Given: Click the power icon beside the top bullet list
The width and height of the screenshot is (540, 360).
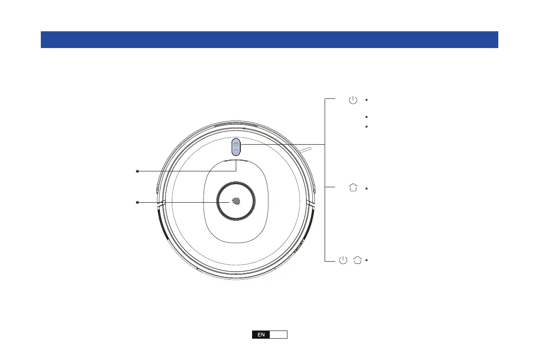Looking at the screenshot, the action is (353, 100).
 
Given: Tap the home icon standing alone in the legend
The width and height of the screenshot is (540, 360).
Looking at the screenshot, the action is (353, 187).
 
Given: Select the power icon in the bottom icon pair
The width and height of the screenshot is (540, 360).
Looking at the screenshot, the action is (343, 260).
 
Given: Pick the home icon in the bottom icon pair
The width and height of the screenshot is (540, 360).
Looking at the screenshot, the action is (357, 260).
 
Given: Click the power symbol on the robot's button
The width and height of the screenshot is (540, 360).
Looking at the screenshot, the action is (236, 143).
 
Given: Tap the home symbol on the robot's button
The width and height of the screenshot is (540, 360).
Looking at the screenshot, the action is (236, 151).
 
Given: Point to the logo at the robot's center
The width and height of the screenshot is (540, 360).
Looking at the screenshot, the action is (236, 201).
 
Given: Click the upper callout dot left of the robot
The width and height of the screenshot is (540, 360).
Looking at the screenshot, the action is (137, 171).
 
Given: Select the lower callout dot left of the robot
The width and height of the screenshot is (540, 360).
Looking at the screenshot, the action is (137, 202).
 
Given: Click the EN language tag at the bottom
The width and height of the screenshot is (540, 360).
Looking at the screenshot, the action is (261, 335).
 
